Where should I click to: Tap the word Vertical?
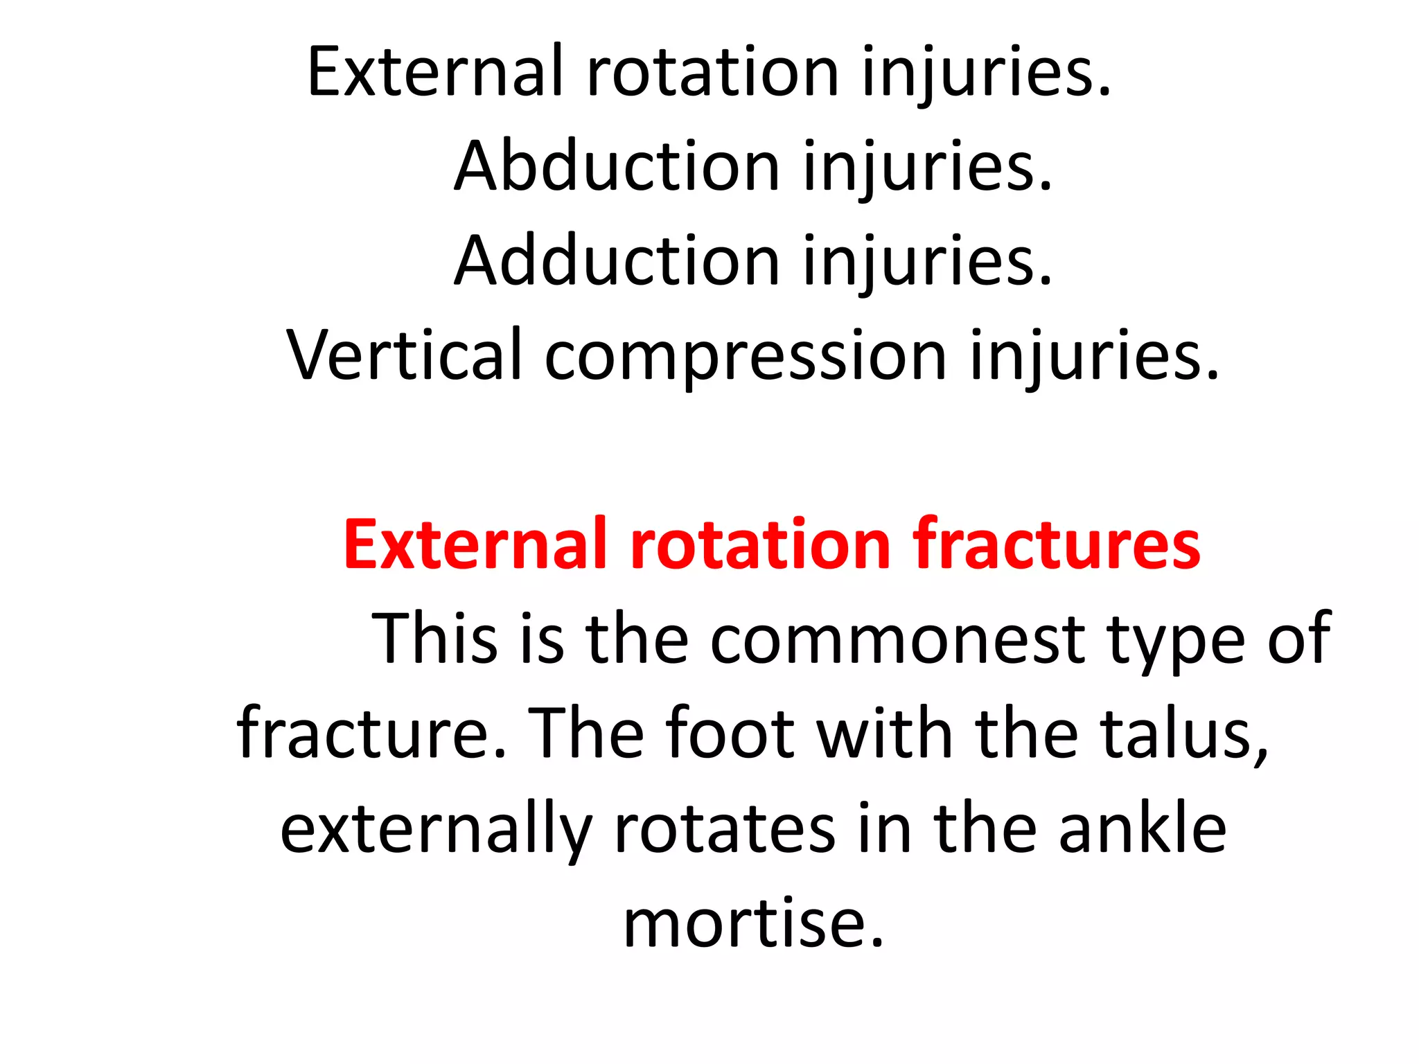(x=405, y=355)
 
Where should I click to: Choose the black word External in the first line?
(x=435, y=71)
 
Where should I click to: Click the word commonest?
(x=897, y=639)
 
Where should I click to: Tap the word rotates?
(x=725, y=830)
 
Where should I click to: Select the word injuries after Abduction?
(x=928, y=168)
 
